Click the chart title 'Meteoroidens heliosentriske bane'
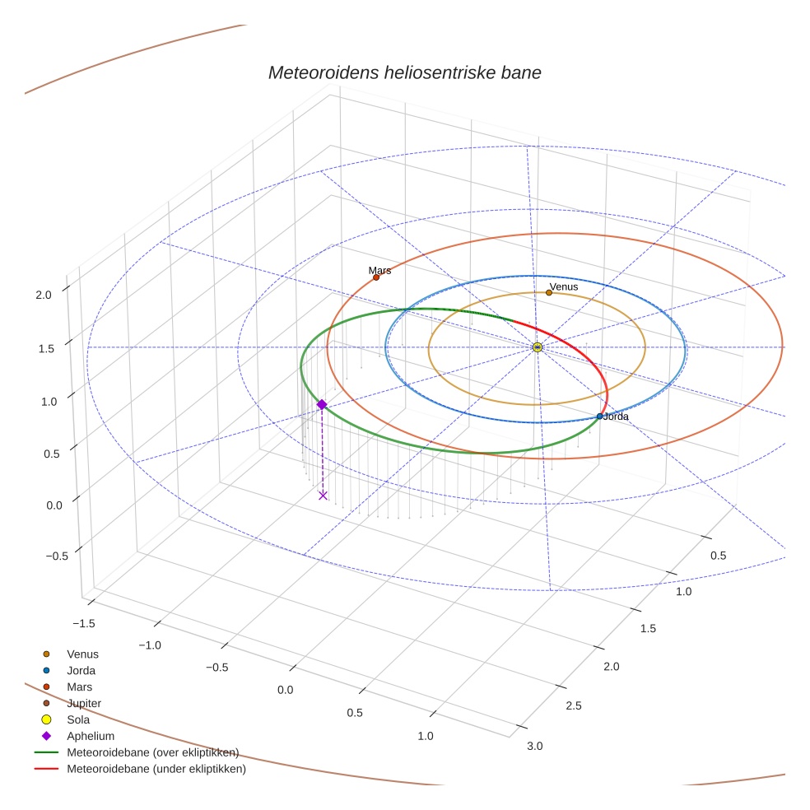click(x=404, y=72)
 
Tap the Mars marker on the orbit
click(x=376, y=277)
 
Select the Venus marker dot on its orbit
click(x=549, y=292)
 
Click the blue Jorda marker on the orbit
click(x=599, y=417)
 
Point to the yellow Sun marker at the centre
click(x=538, y=347)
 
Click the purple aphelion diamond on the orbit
click(x=322, y=404)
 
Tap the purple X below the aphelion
click(x=323, y=495)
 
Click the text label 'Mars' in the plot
click(x=379, y=270)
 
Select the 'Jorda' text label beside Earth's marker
click(x=616, y=417)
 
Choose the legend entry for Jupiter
click(x=84, y=703)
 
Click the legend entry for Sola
click(x=78, y=719)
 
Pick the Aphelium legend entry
click(x=90, y=736)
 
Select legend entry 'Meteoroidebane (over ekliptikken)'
click(x=152, y=752)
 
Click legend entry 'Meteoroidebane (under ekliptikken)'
click(x=156, y=769)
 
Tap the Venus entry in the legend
click(x=82, y=654)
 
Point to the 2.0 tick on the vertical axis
click(x=44, y=294)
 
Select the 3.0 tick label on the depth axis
click(x=534, y=746)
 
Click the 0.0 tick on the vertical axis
click(x=44, y=504)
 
